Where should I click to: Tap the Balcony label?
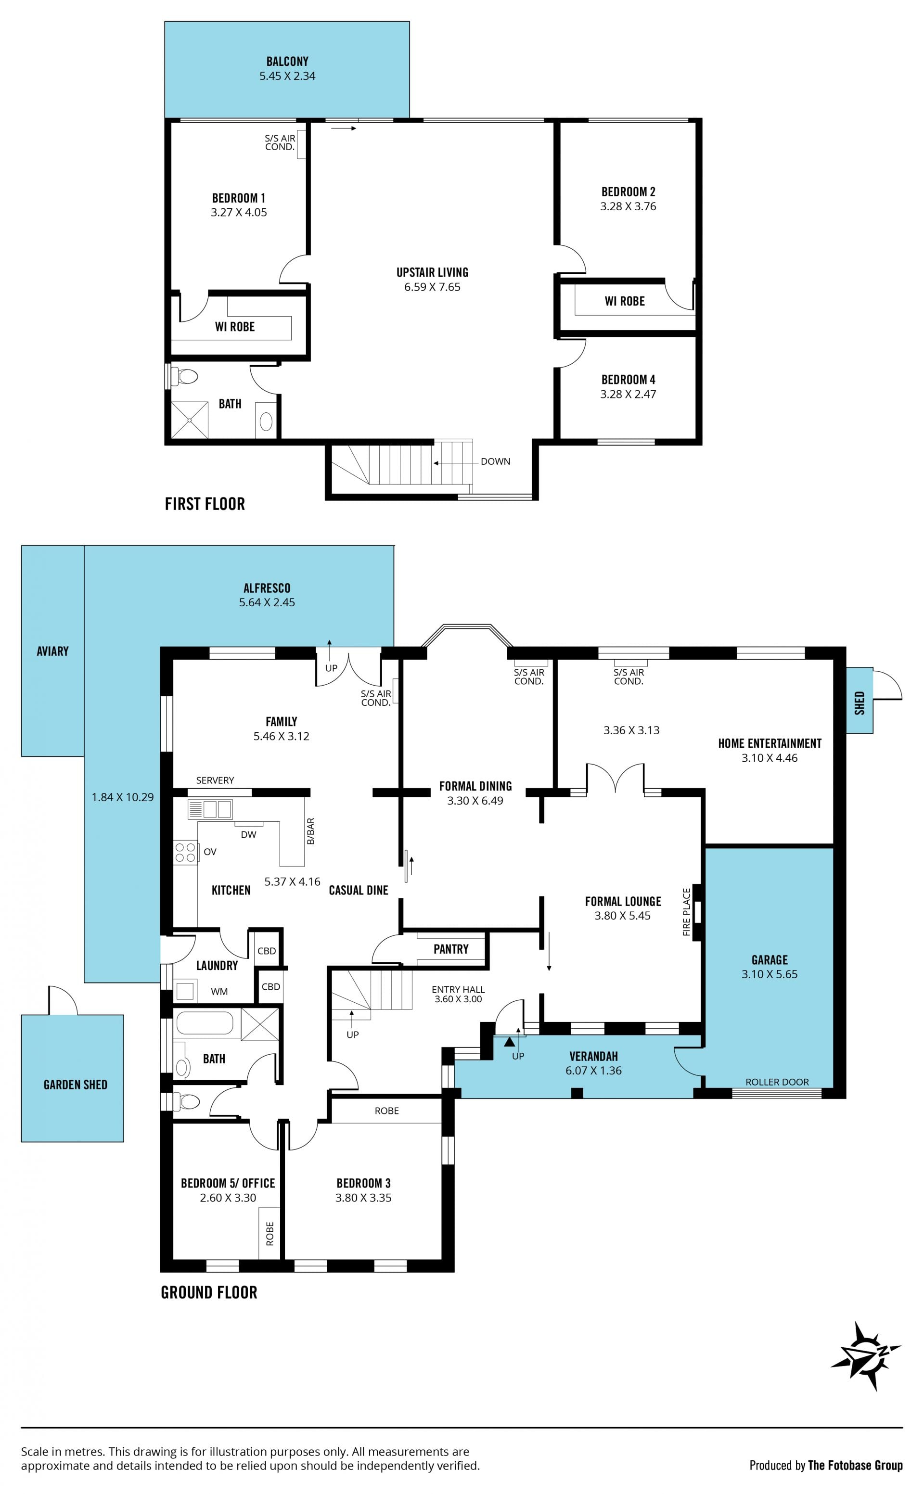(287, 61)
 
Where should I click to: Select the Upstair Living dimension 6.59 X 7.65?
(432, 287)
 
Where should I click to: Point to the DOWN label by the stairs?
(495, 461)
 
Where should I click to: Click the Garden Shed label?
(75, 1085)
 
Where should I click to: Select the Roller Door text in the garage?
(777, 1082)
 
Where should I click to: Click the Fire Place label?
(686, 912)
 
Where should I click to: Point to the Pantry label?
(451, 949)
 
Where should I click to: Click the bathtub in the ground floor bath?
(204, 1023)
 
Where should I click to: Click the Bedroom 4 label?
(628, 380)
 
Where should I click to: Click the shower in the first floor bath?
(190, 419)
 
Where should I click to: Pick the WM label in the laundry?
(219, 992)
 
